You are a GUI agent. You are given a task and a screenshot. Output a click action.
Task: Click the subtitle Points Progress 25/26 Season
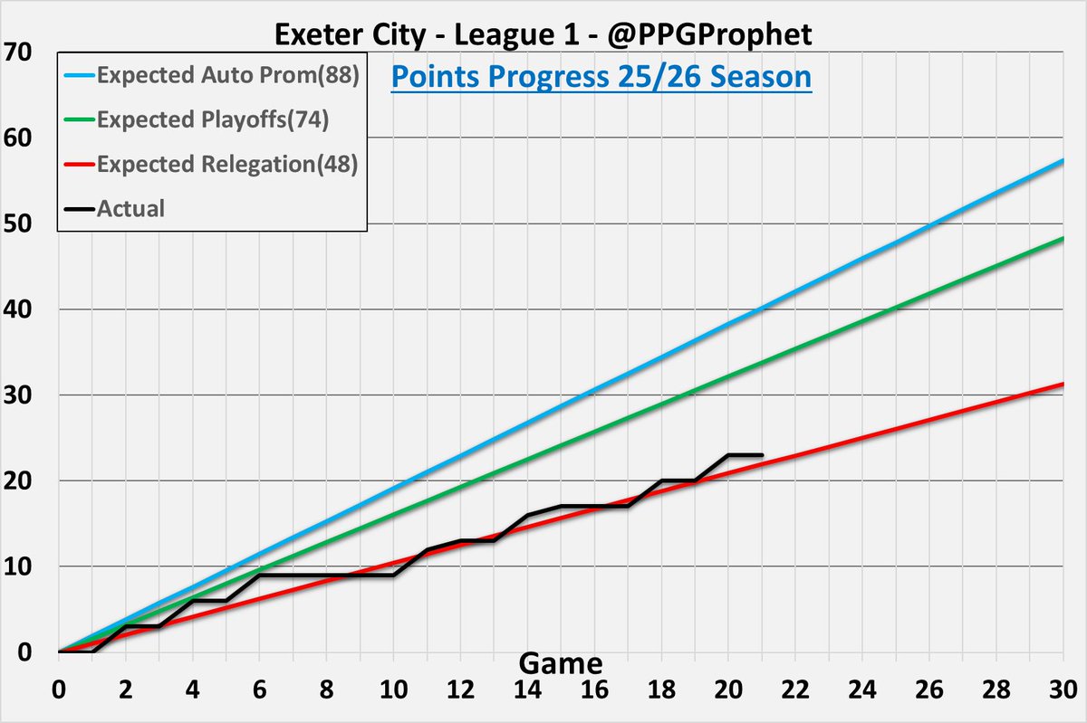tap(601, 77)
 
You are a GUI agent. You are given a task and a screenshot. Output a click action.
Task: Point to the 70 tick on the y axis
tap(19, 52)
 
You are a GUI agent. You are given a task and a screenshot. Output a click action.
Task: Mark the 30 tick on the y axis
tap(19, 395)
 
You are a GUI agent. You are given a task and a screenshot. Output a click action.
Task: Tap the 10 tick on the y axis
tap(19, 566)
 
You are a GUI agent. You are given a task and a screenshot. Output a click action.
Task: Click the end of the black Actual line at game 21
tap(762, 455)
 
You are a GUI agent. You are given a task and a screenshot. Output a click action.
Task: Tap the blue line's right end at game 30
tap(1063, 160)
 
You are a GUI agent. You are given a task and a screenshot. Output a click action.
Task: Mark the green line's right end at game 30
tap(1063, 238)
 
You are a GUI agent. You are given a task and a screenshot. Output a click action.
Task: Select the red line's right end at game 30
tap(1063, 384)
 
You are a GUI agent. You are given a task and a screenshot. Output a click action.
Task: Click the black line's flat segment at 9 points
tap(326, 576)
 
